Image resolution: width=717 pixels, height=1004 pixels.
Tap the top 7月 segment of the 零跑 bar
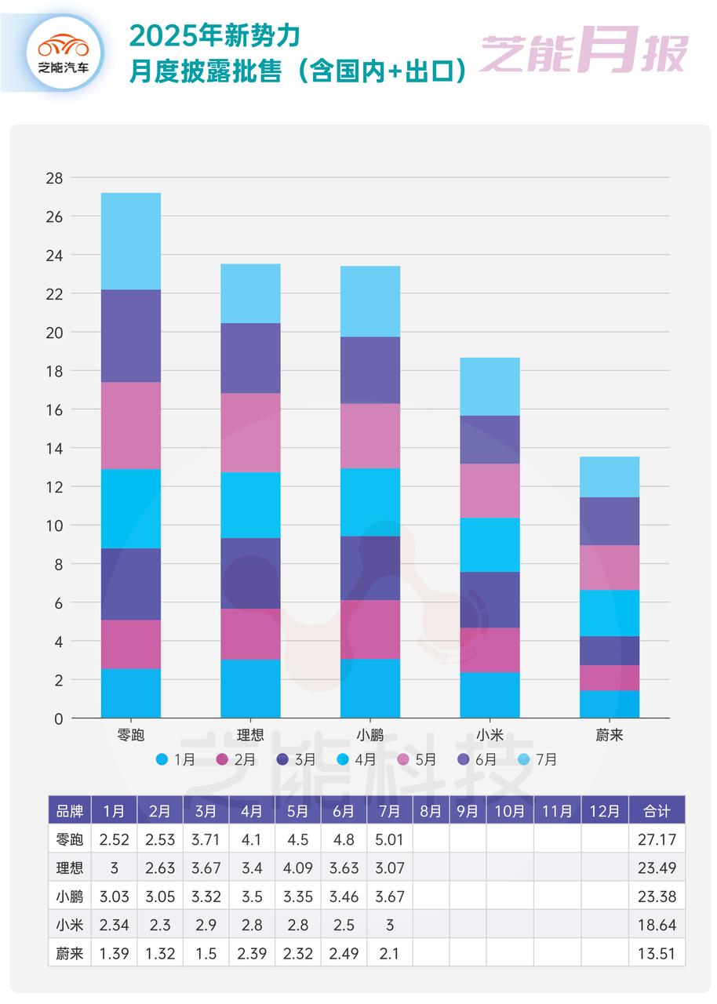coord(131,241)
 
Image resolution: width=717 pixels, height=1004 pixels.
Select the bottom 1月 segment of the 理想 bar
coord(250,689)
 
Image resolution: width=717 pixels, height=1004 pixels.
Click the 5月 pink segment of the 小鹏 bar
coord(370,436)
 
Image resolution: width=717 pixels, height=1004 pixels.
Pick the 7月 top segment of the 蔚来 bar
coord(610,477)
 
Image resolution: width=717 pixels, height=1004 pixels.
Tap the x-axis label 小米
coord(490,735)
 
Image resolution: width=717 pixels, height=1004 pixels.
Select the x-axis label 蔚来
coord(610,735)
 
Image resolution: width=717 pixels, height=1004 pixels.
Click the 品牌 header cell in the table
coord(69,810)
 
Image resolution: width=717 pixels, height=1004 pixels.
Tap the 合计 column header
coord(657,810)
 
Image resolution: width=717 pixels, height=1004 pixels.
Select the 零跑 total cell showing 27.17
coord(657,839)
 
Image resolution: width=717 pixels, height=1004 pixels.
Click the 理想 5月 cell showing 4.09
coord(297,868)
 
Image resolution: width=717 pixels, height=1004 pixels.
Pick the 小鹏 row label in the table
coord(69,896)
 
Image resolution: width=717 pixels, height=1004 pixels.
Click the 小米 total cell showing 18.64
coord(657,925)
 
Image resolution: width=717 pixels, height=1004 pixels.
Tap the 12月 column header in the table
coord(605,810)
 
